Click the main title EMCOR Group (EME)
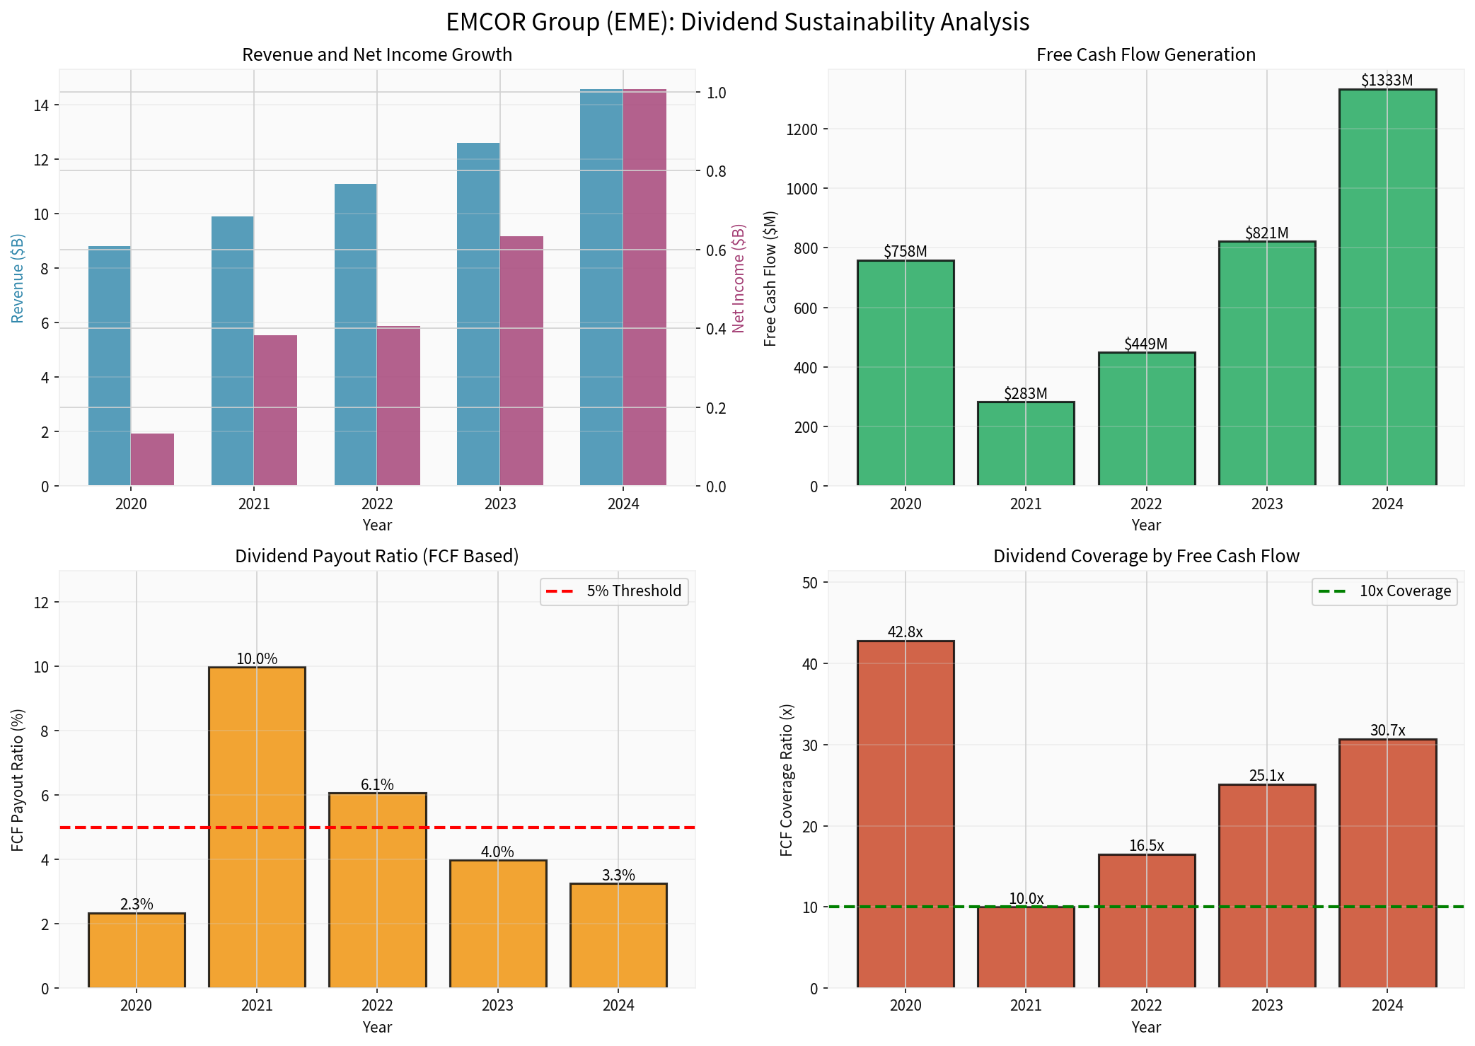[737, 22]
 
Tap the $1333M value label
[1387, 81]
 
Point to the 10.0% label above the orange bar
[257, 659]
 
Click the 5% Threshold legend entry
[615, 591]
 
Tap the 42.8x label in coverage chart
[905, 632]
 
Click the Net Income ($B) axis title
[739, 279]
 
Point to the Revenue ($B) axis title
[18, 279]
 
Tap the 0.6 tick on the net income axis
[716, 250]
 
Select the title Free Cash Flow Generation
[1145, 54]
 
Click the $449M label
[1145, 344]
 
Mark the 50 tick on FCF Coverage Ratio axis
[809, 583]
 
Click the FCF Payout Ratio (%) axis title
[18, 780]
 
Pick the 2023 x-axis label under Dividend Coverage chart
[1266, 1005]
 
